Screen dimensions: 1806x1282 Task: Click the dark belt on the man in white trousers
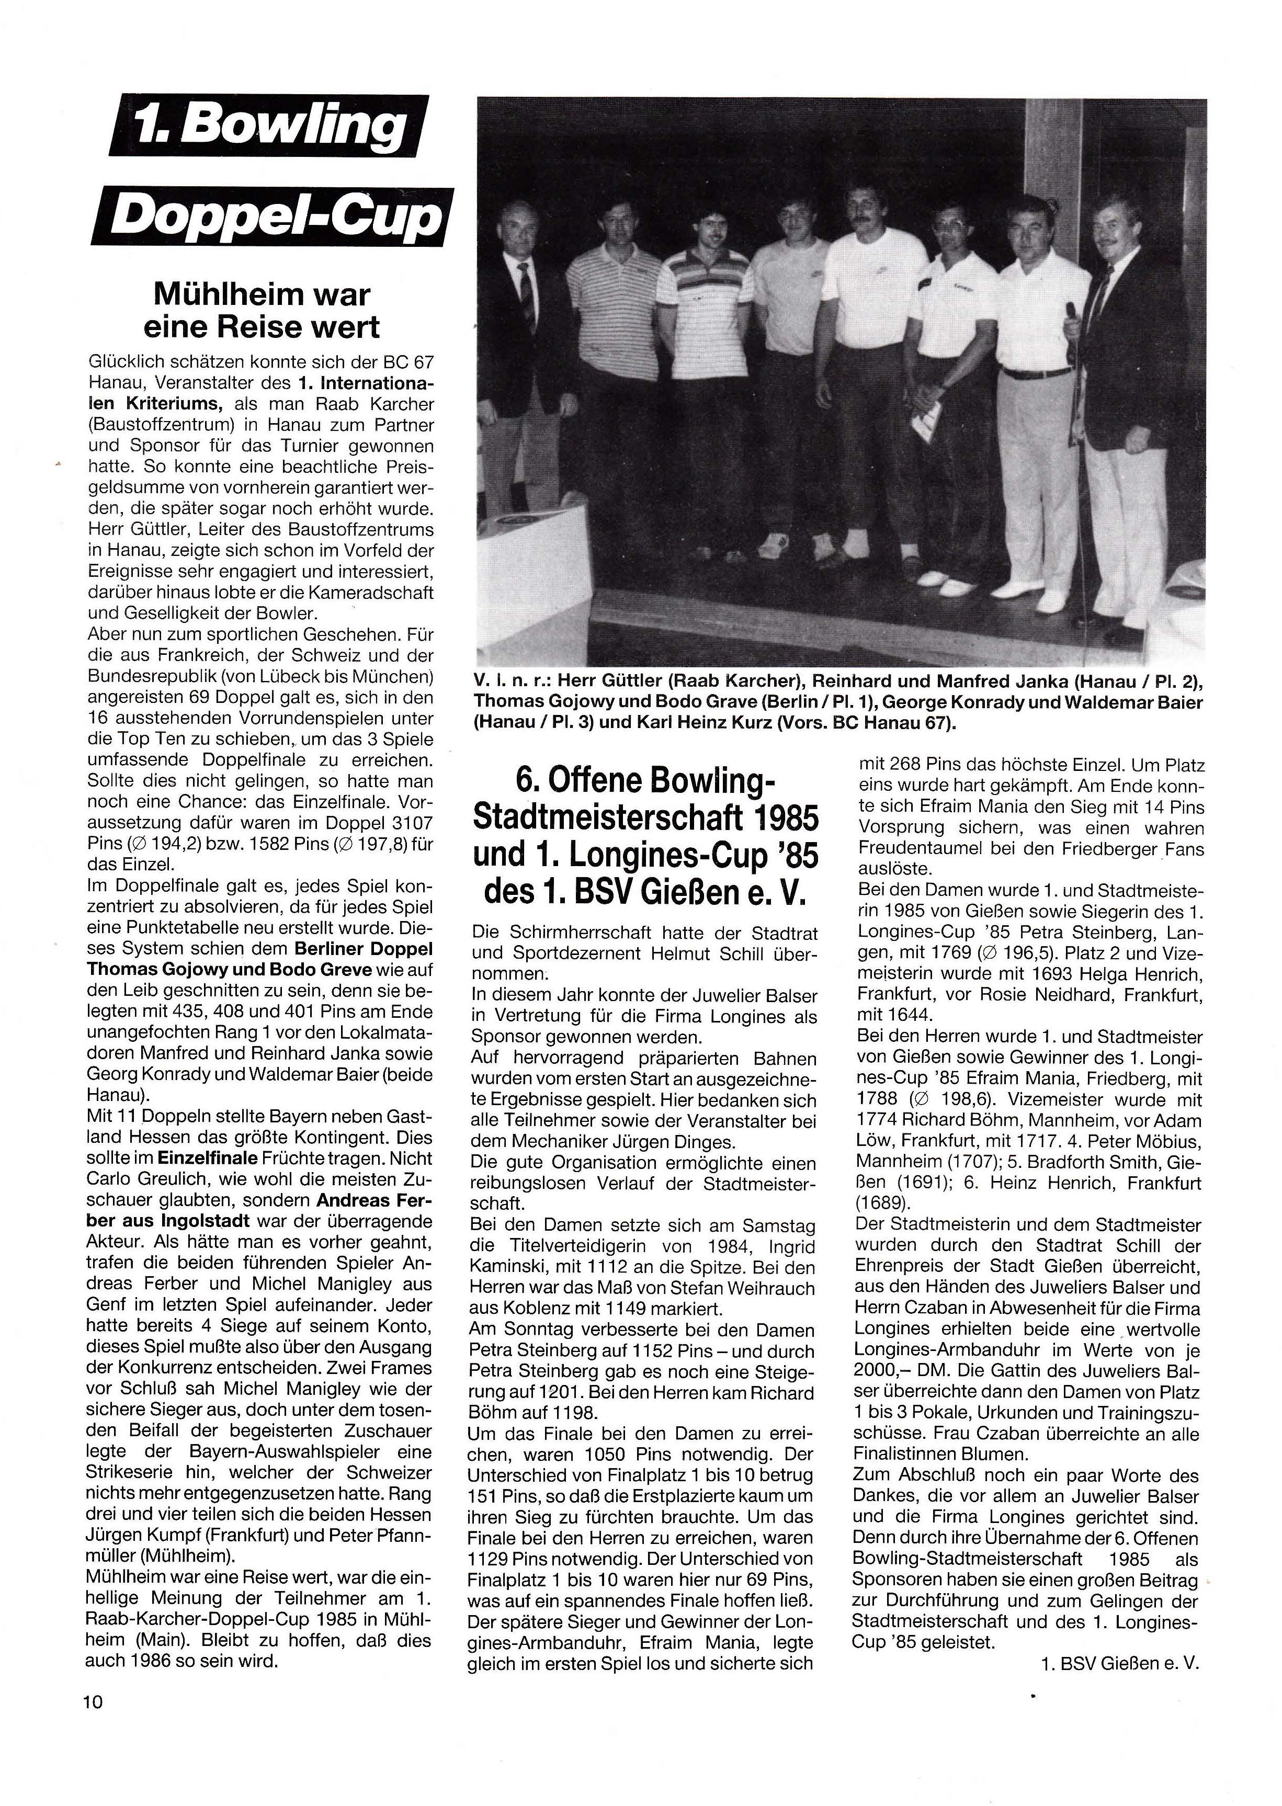1036,372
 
